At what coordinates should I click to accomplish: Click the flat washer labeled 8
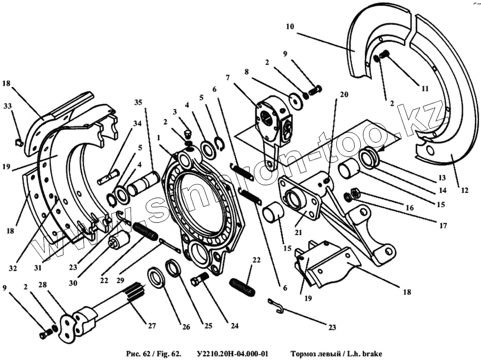294,101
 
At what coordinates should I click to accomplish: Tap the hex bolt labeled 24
200,279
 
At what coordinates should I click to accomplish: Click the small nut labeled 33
17,142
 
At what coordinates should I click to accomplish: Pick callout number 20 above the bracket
344,94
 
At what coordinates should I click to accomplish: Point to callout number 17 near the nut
443,226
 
